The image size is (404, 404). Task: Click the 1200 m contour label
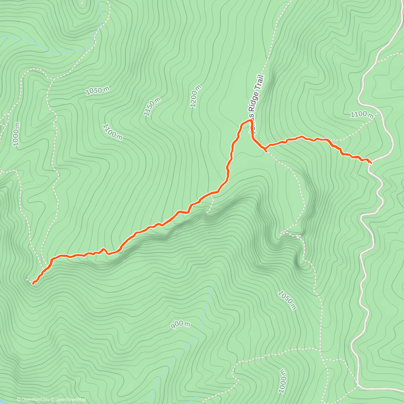click(x=196, y=96)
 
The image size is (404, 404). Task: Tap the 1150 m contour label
click(x=152, y=106)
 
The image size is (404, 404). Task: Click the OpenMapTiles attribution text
click(x=35, y=400)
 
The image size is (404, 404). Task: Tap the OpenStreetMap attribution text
click(x=70, y=400)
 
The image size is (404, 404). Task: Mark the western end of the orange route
click(x=33, y=284)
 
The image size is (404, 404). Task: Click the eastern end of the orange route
click(x=371, y=163)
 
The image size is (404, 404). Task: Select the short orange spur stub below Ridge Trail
click(x=265, y=150)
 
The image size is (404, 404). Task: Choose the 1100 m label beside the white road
click(x=362, y=115)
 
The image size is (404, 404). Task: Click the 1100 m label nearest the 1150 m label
click(x=112, y=131)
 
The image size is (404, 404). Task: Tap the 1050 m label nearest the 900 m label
click(x=287, y=300)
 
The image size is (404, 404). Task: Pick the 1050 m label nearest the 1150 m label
click(x=98, y=90)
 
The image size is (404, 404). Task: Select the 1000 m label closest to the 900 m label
click(x=282, y=381)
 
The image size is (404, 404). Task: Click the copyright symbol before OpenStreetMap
click(x=53, y=400)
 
